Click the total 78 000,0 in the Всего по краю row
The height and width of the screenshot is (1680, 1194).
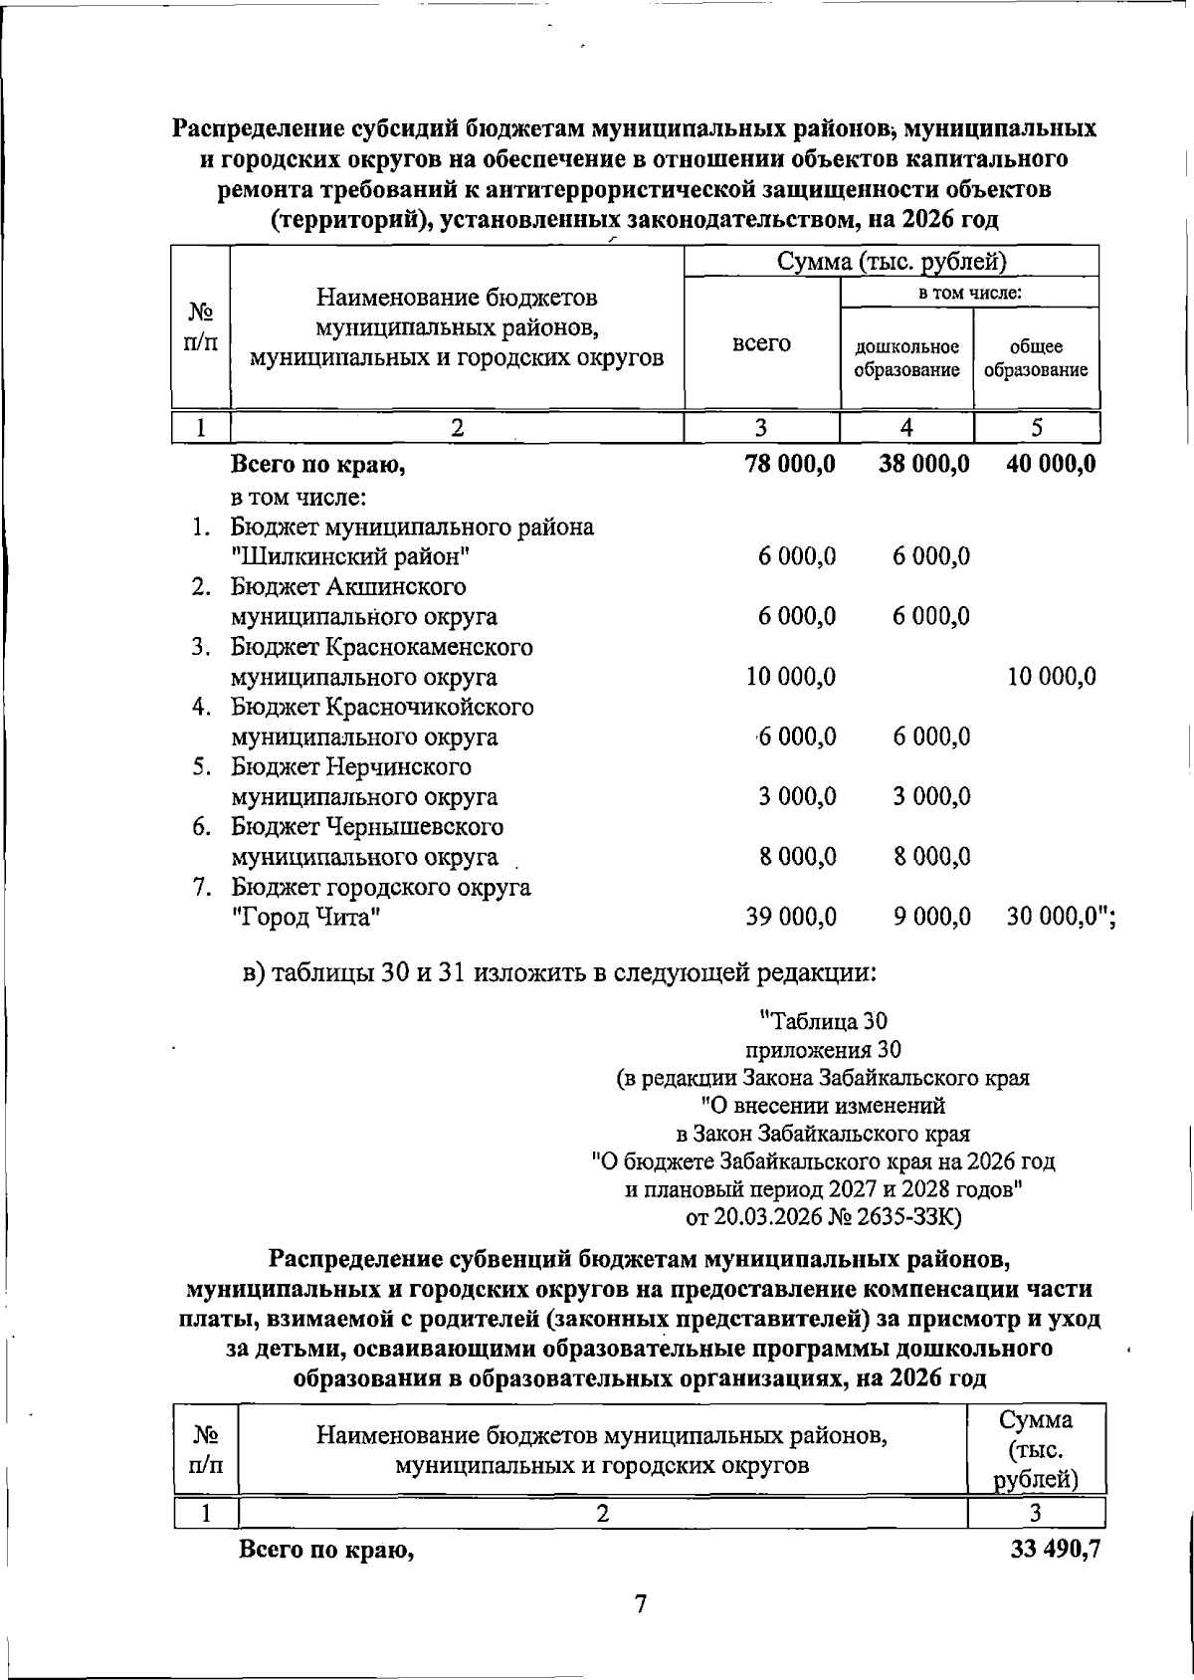click(x=790, y=465)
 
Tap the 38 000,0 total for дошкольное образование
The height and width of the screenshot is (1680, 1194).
click(x=923, y=465)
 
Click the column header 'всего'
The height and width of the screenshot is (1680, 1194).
click(x=761, y=343)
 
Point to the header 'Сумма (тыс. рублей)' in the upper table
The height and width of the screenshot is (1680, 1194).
click(x=892, y=262)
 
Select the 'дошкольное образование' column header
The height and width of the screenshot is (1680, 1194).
click(x=906, y=358)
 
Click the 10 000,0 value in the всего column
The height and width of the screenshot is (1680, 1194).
click(x=790, y=678)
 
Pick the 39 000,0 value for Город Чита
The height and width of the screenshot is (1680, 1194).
click(x=790, y=918)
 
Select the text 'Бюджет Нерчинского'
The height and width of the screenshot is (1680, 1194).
click(x=351, y=767)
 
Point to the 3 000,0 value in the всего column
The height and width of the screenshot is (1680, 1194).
click(x=797, y=797)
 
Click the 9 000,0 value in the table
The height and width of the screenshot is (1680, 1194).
click(x=931, y=918)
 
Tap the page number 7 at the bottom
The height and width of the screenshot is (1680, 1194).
click(x=641, y=1604)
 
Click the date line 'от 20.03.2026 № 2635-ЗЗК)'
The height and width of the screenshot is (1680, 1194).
click(x=823, y=1216)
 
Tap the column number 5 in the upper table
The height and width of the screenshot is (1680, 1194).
click(x=1036, y=428)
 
